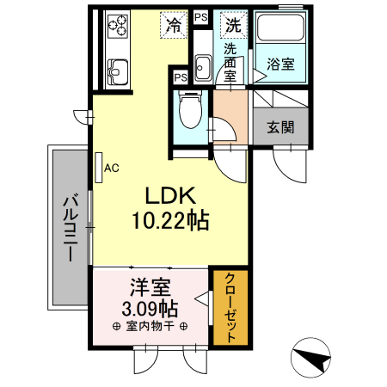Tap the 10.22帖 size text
[170, 220]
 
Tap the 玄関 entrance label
[280, 127]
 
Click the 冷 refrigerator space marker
[174, 25]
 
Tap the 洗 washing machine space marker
[232, 25]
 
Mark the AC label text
[111, 169]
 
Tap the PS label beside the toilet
[181, 77]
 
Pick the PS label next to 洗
[200, 17]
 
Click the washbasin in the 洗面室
[203, 67]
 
